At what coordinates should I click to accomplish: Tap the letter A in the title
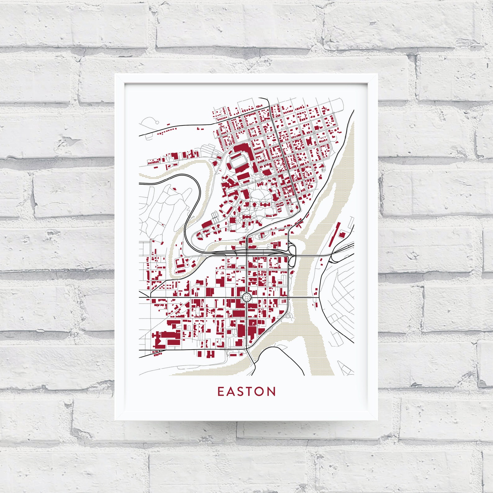[231, 391]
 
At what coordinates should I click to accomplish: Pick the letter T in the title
[250, 391]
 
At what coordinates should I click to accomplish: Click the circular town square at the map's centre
[246, 297]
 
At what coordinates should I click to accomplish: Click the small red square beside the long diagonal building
[342, 235]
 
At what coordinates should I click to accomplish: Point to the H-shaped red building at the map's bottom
[211, 354]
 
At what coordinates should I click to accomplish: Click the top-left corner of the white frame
[115, 75]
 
